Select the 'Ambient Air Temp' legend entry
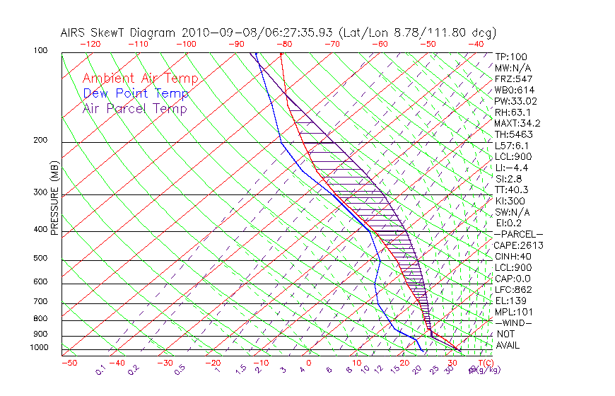tap(140, 78)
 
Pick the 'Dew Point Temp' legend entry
tap(136, 93)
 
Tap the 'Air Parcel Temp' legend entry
tap(134, 108)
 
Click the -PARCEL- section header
tap(518, 234)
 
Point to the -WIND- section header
tap(514, 322)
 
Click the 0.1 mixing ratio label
tap(101, 369)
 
